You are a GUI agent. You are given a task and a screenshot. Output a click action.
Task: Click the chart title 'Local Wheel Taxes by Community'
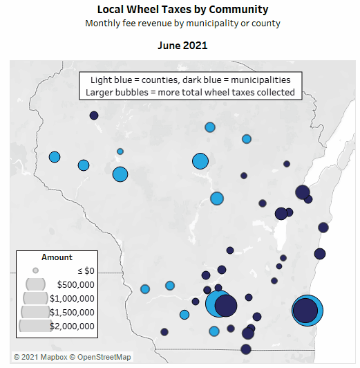click(x=182, y=10)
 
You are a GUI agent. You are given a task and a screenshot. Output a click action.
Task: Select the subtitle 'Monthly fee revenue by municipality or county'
click(x=182, y=24)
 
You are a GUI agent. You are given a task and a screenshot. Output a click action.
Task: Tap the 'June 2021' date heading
click(x=182, y=46)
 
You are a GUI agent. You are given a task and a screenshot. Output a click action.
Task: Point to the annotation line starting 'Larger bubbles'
click(x=190, y=92)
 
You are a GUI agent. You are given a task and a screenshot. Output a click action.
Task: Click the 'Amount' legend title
click(x=57, y=257)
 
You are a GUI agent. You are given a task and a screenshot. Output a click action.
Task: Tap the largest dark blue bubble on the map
click(x=305, y=311)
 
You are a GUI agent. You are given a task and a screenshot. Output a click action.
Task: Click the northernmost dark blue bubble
click(x=94, y=116)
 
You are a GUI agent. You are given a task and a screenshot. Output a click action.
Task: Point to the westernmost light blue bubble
click(x=55, y=157)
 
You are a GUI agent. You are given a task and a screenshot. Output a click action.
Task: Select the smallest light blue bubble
click(x=120, y=151)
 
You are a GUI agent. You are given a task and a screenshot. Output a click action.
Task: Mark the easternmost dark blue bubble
click(x=323, y=227)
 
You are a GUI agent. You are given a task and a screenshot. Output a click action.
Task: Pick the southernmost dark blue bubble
click(x=246, y=349)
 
